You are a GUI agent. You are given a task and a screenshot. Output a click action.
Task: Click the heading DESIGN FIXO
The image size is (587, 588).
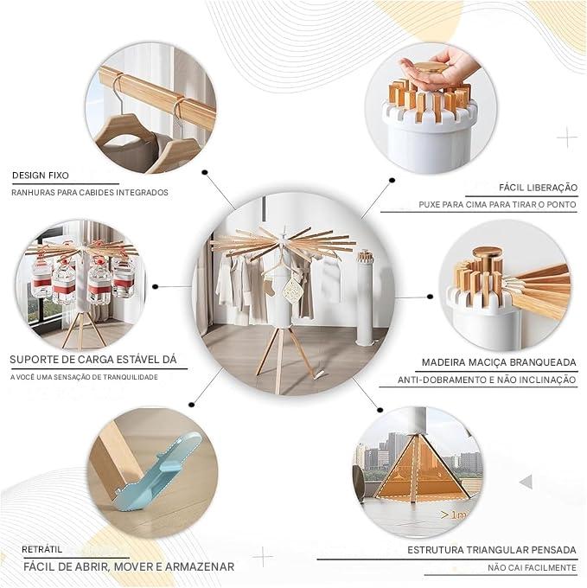pyautogui.click(x=41, y=176)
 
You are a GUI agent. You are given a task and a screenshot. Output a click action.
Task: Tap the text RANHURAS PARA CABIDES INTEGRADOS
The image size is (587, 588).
pyautogui.click(x=90, y=192)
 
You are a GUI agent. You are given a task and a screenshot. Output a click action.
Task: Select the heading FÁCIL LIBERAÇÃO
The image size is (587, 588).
pyautogui.click(x=538, y=187)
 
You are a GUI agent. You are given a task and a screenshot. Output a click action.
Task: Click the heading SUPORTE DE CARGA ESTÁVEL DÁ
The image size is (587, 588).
pyautogui.click(x=98, y=359)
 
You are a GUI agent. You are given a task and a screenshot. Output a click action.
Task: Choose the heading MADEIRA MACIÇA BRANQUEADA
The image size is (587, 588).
pyautogui.click(x=499, y=362)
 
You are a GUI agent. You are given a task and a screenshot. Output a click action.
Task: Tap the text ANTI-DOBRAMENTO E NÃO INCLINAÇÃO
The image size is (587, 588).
pyautogui.click(x=487, y=380)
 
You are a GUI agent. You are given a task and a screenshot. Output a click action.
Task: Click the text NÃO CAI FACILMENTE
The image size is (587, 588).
pyautogui.click(x=532, y=568)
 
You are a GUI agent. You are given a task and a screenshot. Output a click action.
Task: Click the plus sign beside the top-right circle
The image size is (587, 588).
pyautogui.click(x=567, y=137)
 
